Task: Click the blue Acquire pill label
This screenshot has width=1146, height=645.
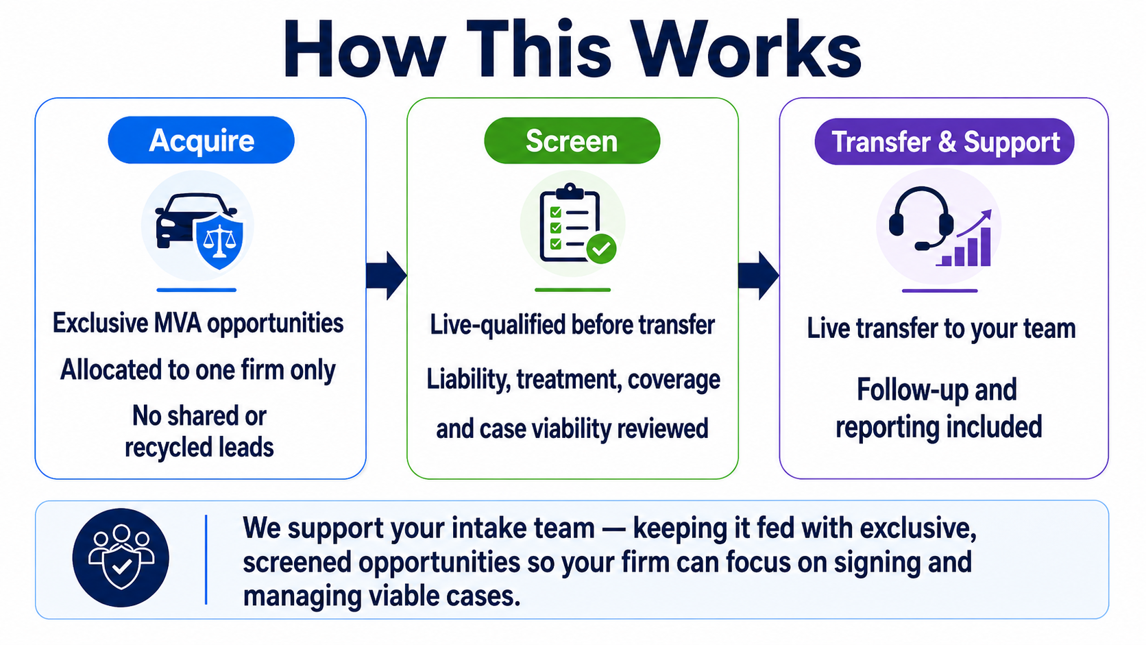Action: pyautogui.click(x=201, y=140)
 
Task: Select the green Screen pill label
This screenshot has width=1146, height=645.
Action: pyautogui.click(x=572, y=141)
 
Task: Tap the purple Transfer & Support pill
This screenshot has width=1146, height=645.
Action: pyautogui.click(x=944, y=142)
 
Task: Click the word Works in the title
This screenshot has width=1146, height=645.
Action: pyautogui.click(x=746, y=49)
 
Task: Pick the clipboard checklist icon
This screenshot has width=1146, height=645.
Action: pyautogui.click(x=570, y=223)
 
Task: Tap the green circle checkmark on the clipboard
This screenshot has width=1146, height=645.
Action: pyautogui.click(x=601, y=249)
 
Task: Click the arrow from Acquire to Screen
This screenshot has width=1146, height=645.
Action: pyautogui.click(x=387, y=275)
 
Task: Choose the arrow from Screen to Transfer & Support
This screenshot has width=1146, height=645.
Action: pyautogui.click(x=759, y=275)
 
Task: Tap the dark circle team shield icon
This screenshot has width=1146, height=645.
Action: pyautogui.click(x=121, y=557)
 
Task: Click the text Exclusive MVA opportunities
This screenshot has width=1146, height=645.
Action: pyautogui.click(x=198, y=324)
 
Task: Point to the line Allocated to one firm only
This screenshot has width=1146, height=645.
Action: pyautogui.click(x=198, y=370)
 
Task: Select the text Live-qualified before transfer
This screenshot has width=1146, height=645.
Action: pyautogui.click(x=572, y=326)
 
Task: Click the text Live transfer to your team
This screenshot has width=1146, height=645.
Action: pyautogui.click(x=941, y=329)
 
